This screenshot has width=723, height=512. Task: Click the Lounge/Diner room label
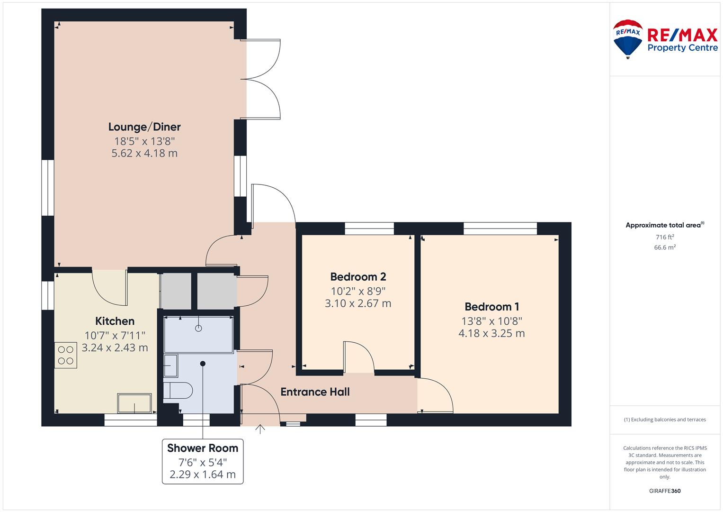coord(144,127)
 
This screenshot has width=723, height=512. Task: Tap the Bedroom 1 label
coord(491,306)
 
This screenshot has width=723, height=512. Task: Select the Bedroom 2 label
coord(358,277)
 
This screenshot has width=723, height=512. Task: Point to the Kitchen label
coord(115,321)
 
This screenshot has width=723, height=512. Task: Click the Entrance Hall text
coord(315,392)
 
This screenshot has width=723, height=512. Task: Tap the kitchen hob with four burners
coord(65,355)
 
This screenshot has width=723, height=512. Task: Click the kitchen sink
coord(134,403)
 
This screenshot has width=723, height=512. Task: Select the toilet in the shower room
coord(178,391)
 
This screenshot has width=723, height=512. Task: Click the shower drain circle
coord(198,329)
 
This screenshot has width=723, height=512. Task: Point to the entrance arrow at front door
coord(260,429)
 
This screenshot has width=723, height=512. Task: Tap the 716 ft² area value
coord(665,237)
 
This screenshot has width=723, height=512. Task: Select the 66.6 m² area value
coord(665,247)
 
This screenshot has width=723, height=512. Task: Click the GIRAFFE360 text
coord(665,491)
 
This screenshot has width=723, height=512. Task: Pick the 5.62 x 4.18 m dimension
coord(144,153)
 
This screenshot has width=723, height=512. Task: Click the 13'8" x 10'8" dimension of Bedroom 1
coord(491,321)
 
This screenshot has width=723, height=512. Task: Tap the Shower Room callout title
coord(202,448)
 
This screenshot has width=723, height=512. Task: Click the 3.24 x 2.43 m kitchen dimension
coord(115,347)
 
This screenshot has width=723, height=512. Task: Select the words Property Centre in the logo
coord(683,48)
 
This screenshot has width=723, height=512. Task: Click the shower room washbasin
coord(171,366)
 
